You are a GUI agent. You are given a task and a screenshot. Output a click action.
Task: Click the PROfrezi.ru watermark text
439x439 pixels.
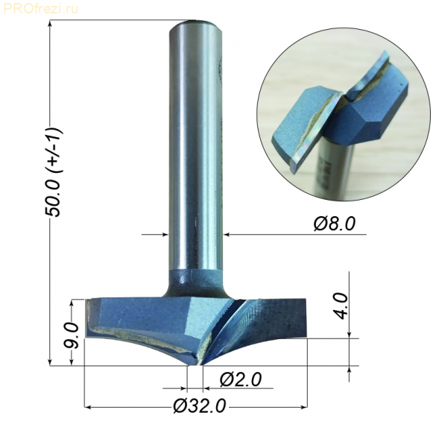pos(40,8)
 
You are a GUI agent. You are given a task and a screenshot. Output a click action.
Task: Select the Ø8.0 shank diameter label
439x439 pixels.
pos(335,224)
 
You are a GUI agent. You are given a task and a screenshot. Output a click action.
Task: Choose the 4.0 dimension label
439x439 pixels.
pos(341,306)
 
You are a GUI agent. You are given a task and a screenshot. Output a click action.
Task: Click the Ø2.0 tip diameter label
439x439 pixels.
pos(241,379)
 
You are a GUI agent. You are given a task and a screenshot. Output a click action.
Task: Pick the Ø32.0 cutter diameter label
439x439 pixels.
pos(199,406)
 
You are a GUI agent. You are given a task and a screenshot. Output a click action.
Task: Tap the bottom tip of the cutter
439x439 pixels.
pos(195,364)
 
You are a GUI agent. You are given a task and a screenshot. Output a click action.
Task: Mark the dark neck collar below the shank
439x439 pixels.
pos(195,282)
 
